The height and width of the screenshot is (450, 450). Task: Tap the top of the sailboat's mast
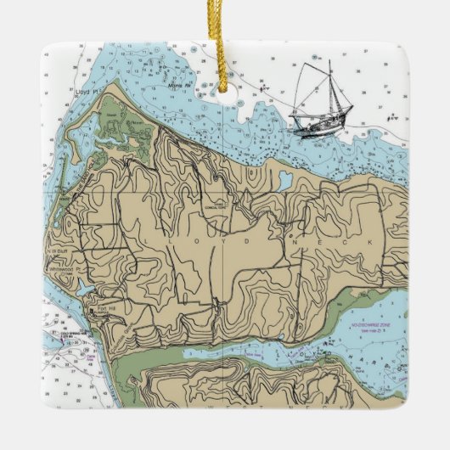point(329,61)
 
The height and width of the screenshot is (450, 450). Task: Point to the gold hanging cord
point(225,30)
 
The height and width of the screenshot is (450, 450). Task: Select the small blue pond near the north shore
point(284,180)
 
